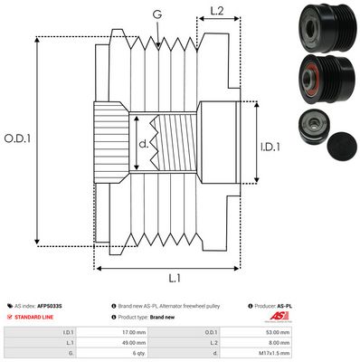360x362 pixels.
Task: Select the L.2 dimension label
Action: pyautogui.click(x=217, y=11)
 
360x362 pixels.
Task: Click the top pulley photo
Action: pyautogui.click(x=317, y=27)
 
